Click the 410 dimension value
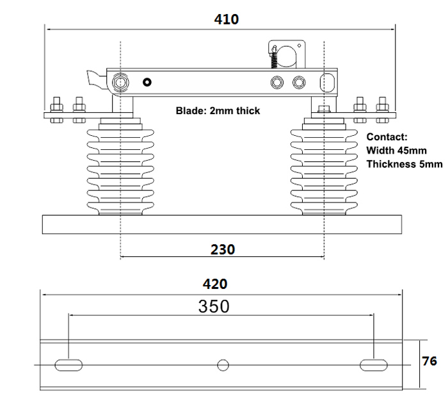tap(227, 19)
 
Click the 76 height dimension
tap(429, 361)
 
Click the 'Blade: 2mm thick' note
tap(218, 111)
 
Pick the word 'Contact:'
tap(386, 136)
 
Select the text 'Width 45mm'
tap(396, 150)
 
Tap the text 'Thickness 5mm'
tap(404, 164)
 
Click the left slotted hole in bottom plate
tap(68, 365)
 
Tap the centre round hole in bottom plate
tap(223, 365)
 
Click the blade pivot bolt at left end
tap(120, 83)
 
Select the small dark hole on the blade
tap(148, 82)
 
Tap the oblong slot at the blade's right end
tap(326, 83)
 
